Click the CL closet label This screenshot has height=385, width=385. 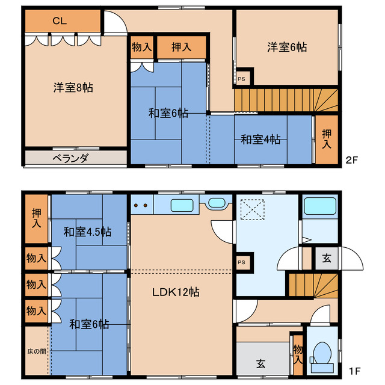[60, 21]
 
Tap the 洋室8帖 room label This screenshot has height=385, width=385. [73, 88]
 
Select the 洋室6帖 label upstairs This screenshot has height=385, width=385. [287, 47]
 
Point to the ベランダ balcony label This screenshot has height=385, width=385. [70, 158]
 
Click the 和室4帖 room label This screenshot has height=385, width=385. [260, 140]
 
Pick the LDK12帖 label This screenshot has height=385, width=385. [176, 292]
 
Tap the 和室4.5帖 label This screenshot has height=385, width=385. [87, 232]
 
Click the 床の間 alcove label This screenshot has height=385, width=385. [37, 351]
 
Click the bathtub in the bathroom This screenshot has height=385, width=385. [320, 206]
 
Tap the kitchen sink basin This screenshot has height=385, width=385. [182, 205]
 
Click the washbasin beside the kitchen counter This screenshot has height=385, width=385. [217, 203]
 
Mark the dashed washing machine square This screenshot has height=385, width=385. [253, 209]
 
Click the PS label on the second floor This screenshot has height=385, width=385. [241, 79]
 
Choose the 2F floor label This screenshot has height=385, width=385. [352, 160]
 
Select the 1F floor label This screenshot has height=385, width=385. [354, 371]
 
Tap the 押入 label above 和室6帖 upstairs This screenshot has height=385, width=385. [182, 47]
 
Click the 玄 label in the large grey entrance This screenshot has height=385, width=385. [260, 363]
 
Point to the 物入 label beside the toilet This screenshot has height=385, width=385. [298, 354]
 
